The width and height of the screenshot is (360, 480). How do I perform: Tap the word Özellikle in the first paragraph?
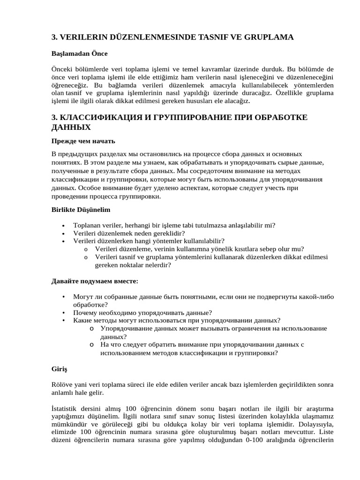[x=277, y=93]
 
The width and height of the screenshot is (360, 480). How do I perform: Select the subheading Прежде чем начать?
[x=83, y=141]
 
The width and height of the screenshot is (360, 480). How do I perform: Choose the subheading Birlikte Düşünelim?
[x=81, y=210]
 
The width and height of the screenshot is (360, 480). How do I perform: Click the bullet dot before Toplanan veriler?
[x=63, y=225]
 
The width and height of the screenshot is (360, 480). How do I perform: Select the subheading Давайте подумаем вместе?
[x=94, y=281]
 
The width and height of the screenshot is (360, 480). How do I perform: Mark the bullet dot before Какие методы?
[x=63, y=321]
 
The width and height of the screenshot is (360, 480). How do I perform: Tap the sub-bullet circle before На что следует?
[x=92, y=345]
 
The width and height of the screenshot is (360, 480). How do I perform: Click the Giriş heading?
[x=59, y=369]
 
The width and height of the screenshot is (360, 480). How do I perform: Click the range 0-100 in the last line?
[x=261, y=440]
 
